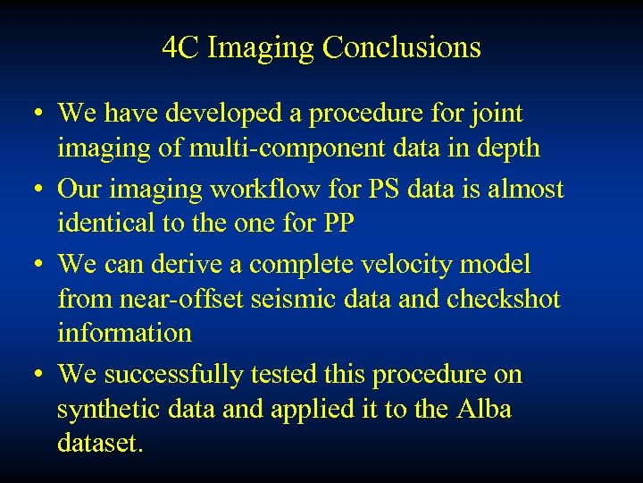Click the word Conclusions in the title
402,47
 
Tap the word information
124,333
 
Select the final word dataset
99,443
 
